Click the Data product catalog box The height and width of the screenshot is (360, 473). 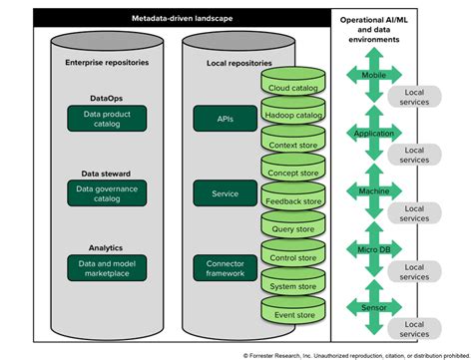107,120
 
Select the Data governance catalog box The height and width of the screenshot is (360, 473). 107,193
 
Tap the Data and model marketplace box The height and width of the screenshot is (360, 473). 107,267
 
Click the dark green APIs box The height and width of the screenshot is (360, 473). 226,119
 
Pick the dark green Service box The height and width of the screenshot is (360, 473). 226,193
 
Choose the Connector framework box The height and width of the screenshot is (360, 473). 226,267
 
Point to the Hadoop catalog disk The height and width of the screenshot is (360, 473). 294,115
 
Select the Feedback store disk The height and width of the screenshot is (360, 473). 294,200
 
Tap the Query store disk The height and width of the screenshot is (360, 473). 294,228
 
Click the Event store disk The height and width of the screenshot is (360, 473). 294,314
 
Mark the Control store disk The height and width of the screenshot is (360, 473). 294,257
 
